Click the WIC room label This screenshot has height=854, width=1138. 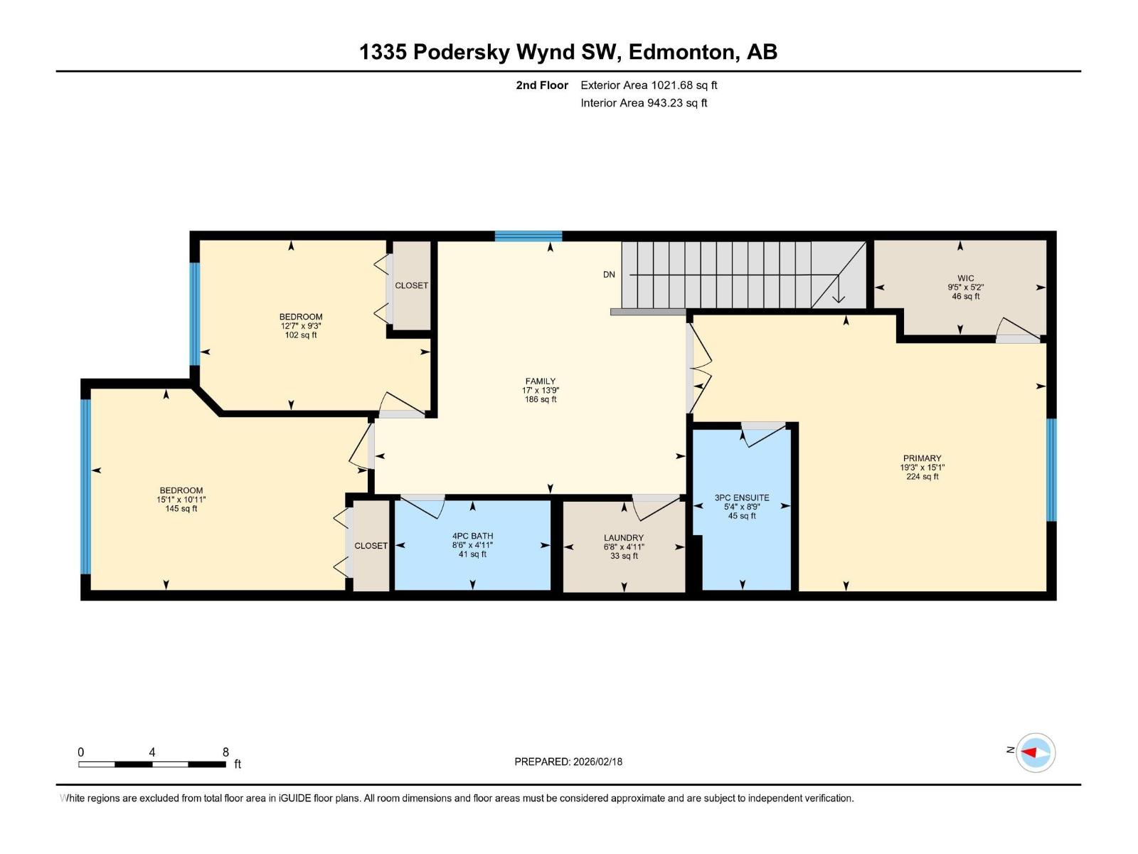point(965,278)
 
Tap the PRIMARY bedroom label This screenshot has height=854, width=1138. point(922,458)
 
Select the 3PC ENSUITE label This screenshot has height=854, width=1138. point(742,497)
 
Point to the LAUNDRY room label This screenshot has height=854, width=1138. point(624,538)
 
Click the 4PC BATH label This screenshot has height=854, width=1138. point(472,536)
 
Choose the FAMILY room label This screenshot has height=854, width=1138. point(541,381)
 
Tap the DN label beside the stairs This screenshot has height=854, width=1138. point(609,274)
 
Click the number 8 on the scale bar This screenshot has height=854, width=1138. point(225,752)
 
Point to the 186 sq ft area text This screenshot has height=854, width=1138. point(541,400)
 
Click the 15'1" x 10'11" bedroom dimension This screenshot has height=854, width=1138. point(181,500)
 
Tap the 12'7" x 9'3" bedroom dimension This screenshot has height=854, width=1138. point(301,326)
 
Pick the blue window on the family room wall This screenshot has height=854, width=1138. point(528,236)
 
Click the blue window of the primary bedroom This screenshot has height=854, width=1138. point(1051,470)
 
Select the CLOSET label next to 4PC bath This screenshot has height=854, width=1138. point(371,546)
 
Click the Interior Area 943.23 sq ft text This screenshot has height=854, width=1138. point(644,102)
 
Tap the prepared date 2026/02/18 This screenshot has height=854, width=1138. point(597,761)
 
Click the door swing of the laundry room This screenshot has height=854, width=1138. point(656,507)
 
